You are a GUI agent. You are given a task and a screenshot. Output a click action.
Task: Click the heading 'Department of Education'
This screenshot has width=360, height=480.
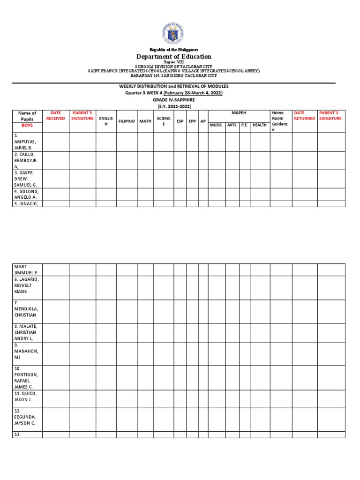click(174, 57)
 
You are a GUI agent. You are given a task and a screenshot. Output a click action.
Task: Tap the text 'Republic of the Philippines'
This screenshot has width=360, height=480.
click(174, 50)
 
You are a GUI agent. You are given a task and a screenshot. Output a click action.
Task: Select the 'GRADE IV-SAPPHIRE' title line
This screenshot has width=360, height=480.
click(174, 100)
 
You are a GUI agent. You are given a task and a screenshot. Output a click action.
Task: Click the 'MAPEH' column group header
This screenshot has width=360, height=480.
click(239, 113)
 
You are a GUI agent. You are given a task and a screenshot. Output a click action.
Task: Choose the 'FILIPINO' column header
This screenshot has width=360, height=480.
click(127, 121)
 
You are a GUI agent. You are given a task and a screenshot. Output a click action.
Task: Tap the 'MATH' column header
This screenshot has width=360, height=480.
click(145, 121)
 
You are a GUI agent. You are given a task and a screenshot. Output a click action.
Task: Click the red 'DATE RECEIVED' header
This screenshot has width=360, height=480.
click(56, 116)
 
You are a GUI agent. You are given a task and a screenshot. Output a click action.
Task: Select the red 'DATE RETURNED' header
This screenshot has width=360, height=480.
click(305, 116)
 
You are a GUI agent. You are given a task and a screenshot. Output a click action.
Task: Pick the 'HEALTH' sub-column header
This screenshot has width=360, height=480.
click(260, 125)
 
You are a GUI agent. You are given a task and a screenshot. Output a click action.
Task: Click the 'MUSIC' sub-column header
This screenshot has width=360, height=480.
click(216, 125)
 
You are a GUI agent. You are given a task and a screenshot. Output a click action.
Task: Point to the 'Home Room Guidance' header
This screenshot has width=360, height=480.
click(280, 121)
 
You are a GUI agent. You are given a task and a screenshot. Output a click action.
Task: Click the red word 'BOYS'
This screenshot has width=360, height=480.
click(27, 126)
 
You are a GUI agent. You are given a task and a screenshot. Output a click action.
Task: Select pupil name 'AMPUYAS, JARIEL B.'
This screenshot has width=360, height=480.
click(27, 141)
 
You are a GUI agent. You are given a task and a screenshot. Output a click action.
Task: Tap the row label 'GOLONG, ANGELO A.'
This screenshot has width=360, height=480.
click(27, 194)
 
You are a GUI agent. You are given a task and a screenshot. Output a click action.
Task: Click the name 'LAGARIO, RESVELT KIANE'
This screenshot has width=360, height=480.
click(27, 285)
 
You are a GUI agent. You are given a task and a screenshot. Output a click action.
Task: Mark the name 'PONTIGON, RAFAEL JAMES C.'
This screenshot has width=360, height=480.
click(27, 378)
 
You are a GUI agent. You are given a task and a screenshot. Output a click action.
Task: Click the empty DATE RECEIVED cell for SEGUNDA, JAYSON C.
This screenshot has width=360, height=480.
click(56, 420)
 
